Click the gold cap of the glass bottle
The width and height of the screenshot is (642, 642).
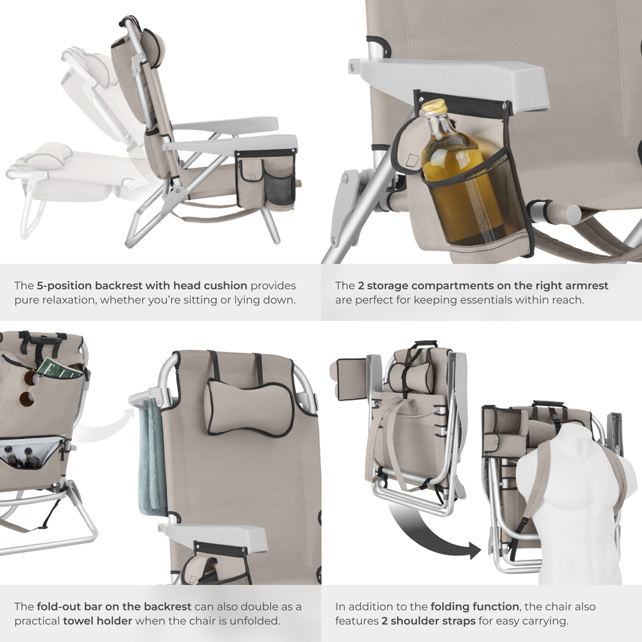tap(435, 107)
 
